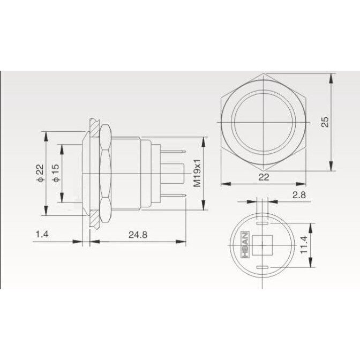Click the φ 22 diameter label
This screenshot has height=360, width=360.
40,173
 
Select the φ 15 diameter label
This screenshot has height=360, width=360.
55,172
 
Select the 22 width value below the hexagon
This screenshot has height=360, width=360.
263,177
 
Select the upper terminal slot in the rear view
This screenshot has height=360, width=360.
261,219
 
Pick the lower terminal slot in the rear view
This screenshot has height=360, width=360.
261,267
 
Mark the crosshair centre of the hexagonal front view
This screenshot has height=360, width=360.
263,123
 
